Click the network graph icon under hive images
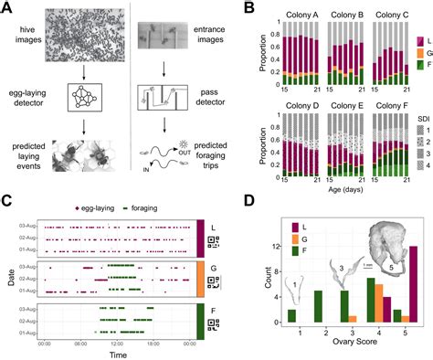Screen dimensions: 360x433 [x=73, y=91]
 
